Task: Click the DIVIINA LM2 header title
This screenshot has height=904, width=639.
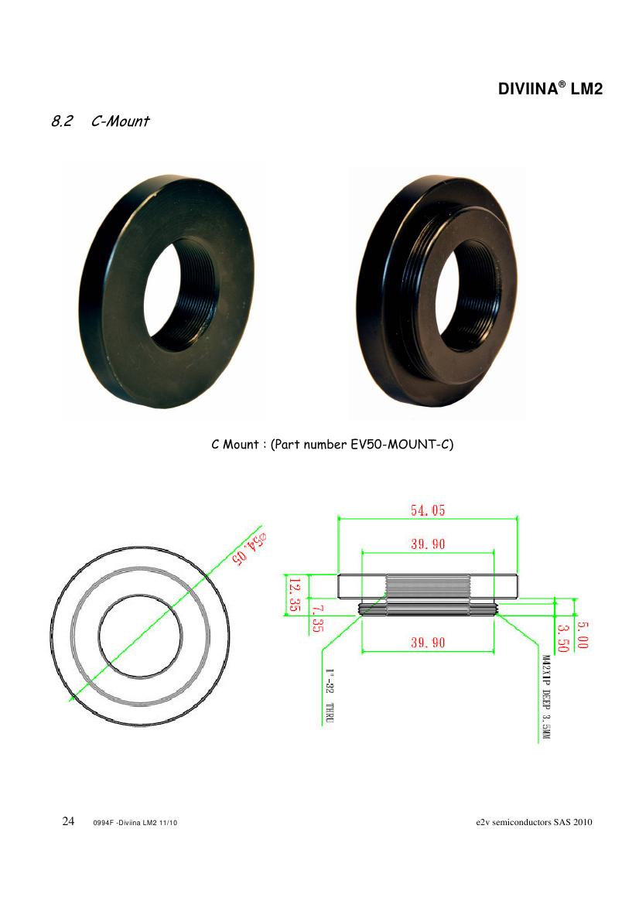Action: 550,89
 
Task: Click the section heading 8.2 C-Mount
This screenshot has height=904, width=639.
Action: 101,121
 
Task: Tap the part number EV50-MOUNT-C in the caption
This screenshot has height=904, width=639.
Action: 402,445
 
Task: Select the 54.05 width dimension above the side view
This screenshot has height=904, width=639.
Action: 428,510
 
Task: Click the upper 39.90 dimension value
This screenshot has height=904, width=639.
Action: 428,544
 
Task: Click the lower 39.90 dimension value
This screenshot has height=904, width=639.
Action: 428,643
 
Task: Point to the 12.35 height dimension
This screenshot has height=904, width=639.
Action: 294,595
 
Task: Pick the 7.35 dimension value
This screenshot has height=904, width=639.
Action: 317,618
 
